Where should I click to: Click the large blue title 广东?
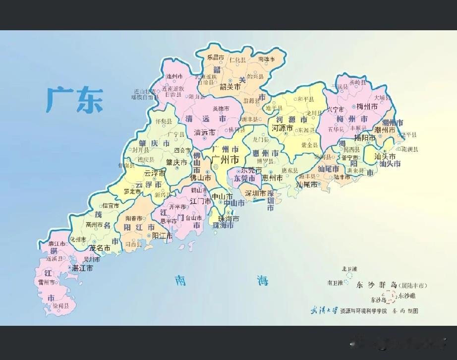point(75,100)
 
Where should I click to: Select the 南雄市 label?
point(266,60)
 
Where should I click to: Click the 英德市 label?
point(221,109)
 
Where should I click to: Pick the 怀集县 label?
point(163,121)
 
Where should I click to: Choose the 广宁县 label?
point(176,134)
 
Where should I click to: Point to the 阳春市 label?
point(134,218)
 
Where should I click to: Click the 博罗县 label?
point(265,161)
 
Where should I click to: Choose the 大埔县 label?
point(382,97)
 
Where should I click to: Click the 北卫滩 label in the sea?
point(349,269)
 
